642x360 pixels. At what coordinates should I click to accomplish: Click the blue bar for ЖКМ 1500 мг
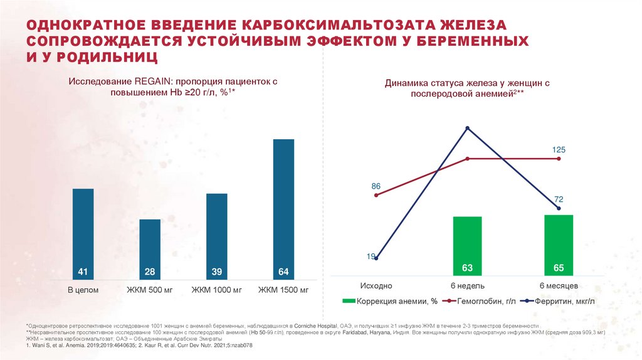pos(283,207)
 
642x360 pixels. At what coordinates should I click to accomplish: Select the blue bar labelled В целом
pos(83,232)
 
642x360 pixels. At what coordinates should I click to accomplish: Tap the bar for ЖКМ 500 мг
pos(149,248)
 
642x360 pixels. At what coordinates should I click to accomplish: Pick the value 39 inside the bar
pos(216,272)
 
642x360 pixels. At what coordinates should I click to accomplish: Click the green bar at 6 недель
pos(467,245)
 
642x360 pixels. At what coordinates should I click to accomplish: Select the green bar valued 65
pos(559,245)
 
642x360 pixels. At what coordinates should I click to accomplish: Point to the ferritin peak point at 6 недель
pos(467,129)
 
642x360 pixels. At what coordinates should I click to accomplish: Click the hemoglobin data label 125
pos(559,149)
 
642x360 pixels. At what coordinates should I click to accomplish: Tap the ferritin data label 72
pos(559,199)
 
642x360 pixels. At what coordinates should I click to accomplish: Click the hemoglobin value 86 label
pos(376,186)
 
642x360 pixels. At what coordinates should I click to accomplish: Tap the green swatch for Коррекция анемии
pos(348,302)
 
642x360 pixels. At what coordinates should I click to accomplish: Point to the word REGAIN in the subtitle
pos(149,82)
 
